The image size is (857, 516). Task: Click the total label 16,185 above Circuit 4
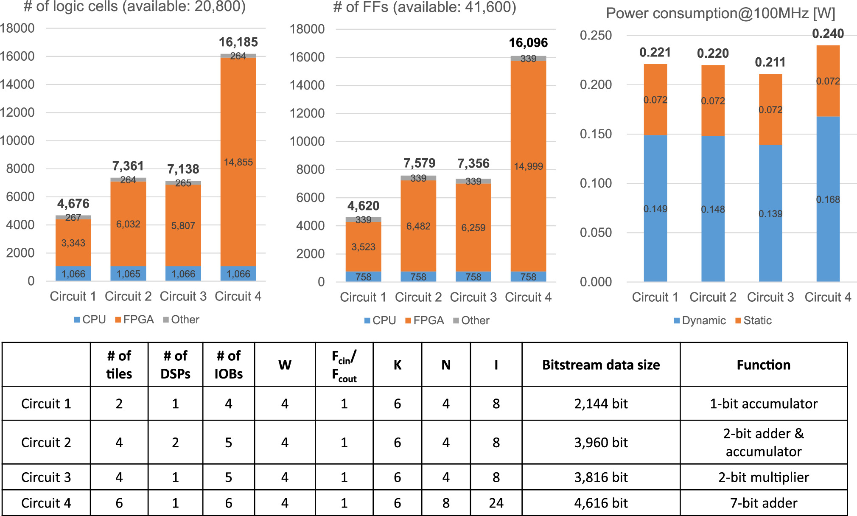point(238,42)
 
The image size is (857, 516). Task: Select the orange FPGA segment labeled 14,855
point(238,162)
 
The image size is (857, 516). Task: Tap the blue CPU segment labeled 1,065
point(128,274)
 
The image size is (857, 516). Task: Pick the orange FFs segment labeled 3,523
point(363,247)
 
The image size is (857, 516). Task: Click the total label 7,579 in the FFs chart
point(419,163)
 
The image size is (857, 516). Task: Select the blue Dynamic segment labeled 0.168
point(828,199)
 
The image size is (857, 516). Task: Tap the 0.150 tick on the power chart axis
point(596,134)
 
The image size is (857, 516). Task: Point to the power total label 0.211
point(770,62)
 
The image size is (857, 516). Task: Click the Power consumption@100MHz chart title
point(720,14)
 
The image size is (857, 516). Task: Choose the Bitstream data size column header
point(601,365)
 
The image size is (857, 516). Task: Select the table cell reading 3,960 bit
point(601,443)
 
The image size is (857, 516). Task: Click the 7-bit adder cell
point(763,503)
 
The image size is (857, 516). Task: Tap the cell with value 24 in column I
point(496,503)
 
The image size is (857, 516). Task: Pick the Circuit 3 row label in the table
point(46,477)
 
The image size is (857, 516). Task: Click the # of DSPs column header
point(175,365)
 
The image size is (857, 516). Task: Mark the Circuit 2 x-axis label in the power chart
point(713,297)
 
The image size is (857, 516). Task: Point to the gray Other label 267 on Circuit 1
point(73,218)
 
